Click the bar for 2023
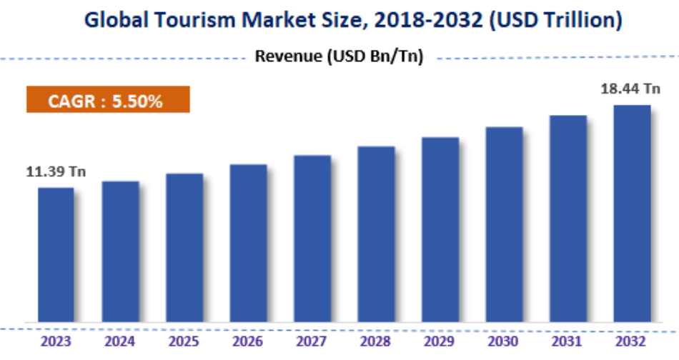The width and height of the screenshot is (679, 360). (x=56, y=254)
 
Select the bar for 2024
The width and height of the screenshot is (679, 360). (x=120, y=251)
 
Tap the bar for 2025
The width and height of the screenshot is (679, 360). (x=184, y=247)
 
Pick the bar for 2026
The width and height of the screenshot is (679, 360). (x=248, y=243)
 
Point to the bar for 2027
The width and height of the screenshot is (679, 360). (x=312, y=239)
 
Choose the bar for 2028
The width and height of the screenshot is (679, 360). (x=376, y=234)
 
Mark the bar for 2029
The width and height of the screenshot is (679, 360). (x=440, y=229)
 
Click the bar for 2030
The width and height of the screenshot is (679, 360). (x=504, y=224)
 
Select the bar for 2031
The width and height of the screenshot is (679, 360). (x=568, y=219)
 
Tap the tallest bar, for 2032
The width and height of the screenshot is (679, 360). (x=632, y=214)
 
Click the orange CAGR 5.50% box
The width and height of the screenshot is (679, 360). (x=108, y=101)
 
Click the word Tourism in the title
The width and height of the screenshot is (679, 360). (x=187, y=20)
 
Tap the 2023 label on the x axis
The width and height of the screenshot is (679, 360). (x=56, y=341)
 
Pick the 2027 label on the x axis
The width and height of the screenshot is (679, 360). (x=312, y=341)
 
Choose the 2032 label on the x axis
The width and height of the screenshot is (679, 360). (x=632, y=341)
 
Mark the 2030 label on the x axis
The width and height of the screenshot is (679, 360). (x=504, y=341)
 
